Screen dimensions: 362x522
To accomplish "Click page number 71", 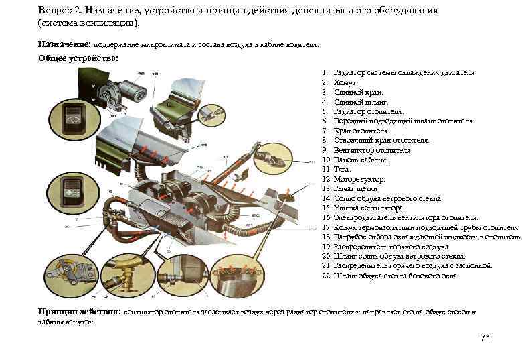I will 485,338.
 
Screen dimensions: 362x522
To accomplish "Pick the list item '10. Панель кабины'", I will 355,160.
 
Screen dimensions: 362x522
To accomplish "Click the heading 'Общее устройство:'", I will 78,58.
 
